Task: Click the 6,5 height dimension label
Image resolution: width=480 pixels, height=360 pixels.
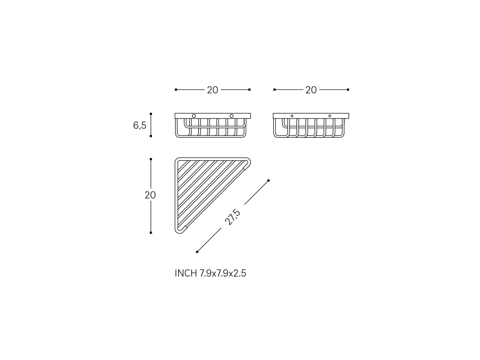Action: click(x=140, y=125)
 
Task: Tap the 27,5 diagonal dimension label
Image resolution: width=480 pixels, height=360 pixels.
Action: click(x=232, y=217)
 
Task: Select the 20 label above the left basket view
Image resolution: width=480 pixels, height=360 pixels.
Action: click(x=212, y=90)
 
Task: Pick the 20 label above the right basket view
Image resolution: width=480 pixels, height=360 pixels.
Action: click(x=311, y=90)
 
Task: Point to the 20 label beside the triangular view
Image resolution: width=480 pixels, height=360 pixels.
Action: click(x=150, y=195)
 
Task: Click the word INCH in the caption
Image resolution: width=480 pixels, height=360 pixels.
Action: click(x=186, y=273)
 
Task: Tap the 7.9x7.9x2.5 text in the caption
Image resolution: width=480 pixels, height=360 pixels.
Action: click(x=223, y=273)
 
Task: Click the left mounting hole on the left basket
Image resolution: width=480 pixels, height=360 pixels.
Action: click(x=194, y=116)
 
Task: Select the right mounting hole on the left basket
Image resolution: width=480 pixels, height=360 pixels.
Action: click(x=232, y=116)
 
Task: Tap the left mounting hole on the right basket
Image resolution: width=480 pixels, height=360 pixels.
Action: click(x=292, y=116)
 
